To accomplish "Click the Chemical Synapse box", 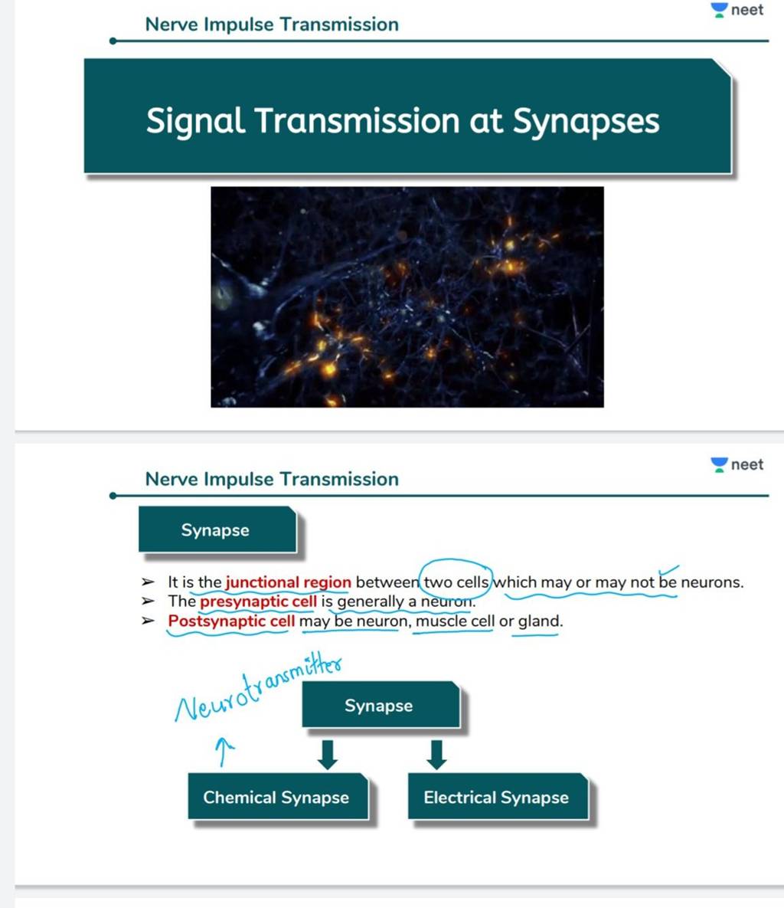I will (x=276, y=798).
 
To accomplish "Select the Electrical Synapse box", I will (x=496, y=798).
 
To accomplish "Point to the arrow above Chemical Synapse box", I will (x=327, y=754).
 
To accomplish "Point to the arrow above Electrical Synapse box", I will (x=436, y=754).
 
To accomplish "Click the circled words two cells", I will (x=456, y=582).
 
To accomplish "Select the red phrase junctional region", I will (x=288, y=582).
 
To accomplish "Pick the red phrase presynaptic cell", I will (x=258, y=602).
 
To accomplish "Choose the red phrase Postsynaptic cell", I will (x=231, y=621).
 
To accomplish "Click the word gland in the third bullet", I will (x=539, y=621).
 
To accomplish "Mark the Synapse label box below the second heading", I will (x=216, y=530).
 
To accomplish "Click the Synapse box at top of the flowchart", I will (x=379, y=706).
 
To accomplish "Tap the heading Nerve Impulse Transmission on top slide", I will (x=272, y=25).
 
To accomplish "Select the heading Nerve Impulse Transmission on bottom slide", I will (x=272, y=480).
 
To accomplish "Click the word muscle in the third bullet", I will (x=440, y=621).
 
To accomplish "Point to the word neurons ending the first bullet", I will (x=711, y=582).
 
